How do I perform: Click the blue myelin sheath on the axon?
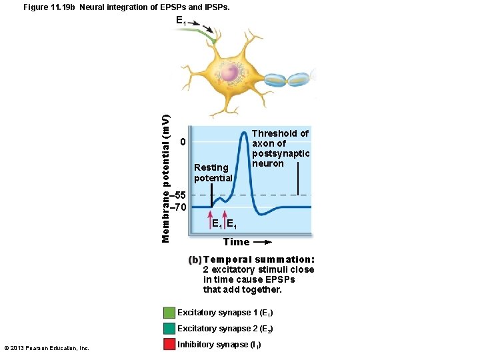[287, 79]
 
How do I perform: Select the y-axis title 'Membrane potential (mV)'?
[167, 178]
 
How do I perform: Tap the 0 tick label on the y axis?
[183, 143]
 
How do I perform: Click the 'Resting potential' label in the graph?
[213, 173]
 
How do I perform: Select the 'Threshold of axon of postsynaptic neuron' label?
[280, 148]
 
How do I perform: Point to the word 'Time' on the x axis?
[236, 242]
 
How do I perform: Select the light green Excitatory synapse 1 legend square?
[169, 313]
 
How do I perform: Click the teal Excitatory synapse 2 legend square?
[169, 329]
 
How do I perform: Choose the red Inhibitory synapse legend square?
[169, 345]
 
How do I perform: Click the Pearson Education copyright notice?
[47, 347]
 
